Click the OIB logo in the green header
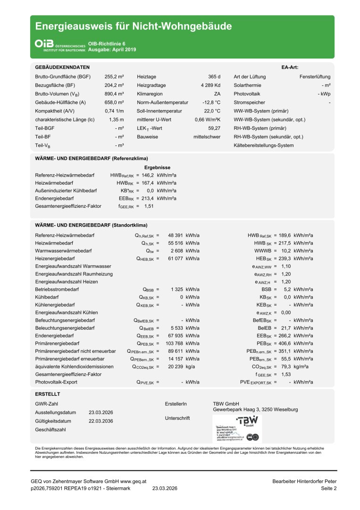click(x=44, y=43)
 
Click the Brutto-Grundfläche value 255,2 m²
click(x=114, y=76)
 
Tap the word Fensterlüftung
click(x=315, y=76)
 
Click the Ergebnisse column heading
click(x=157, y=168)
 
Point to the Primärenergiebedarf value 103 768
click(x=172, y=343)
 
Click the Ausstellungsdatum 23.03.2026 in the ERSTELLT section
click(x=101, y=412)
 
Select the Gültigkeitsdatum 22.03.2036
click(x=101, y=421)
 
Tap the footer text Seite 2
click(x=329, y=489)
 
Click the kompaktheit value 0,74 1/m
click(x=114, y=110)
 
